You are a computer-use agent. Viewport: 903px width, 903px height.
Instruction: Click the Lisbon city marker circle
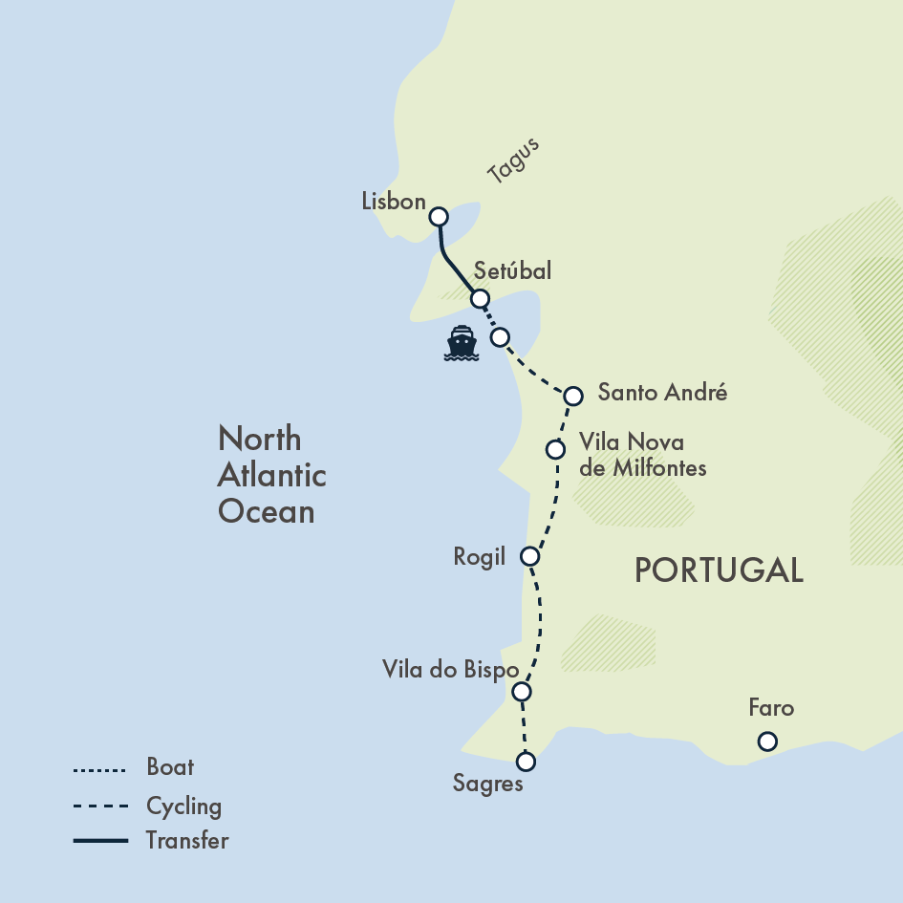click(x=439, y=217)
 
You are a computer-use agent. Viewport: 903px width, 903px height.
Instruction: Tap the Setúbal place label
click(x=512, y=271)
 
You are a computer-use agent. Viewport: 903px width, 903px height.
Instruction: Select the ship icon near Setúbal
click(x=462, y=344)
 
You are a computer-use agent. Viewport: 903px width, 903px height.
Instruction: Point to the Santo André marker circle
click(x=573, y=396)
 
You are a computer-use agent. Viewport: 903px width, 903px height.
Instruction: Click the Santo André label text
click(x=662, y=392)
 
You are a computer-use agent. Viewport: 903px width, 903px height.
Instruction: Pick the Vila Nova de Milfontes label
click(x=643, y=455)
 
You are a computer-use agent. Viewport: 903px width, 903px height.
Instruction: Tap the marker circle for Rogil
click(x=531, y=556)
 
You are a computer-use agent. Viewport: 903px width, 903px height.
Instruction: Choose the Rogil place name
click(x=480, y=557)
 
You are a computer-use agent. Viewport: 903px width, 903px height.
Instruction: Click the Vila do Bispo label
click(x=450, y=669)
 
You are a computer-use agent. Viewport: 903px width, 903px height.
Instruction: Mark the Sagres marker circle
click(x=526, y=762)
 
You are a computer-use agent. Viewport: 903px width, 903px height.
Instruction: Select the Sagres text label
click(x=488, y=785)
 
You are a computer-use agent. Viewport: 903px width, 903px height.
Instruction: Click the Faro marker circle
click(x=766, y=742)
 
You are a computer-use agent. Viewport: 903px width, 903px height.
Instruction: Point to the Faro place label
click(x=771, y=709)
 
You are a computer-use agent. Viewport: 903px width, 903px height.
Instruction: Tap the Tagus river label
click(x=513, y=161)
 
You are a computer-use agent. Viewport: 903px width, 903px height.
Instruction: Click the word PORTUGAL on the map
click(x=719, y=570)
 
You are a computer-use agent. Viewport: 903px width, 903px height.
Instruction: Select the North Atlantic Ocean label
click(x=271, y=475)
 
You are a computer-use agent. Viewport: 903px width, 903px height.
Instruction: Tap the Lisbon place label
click(x=394, y=202)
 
